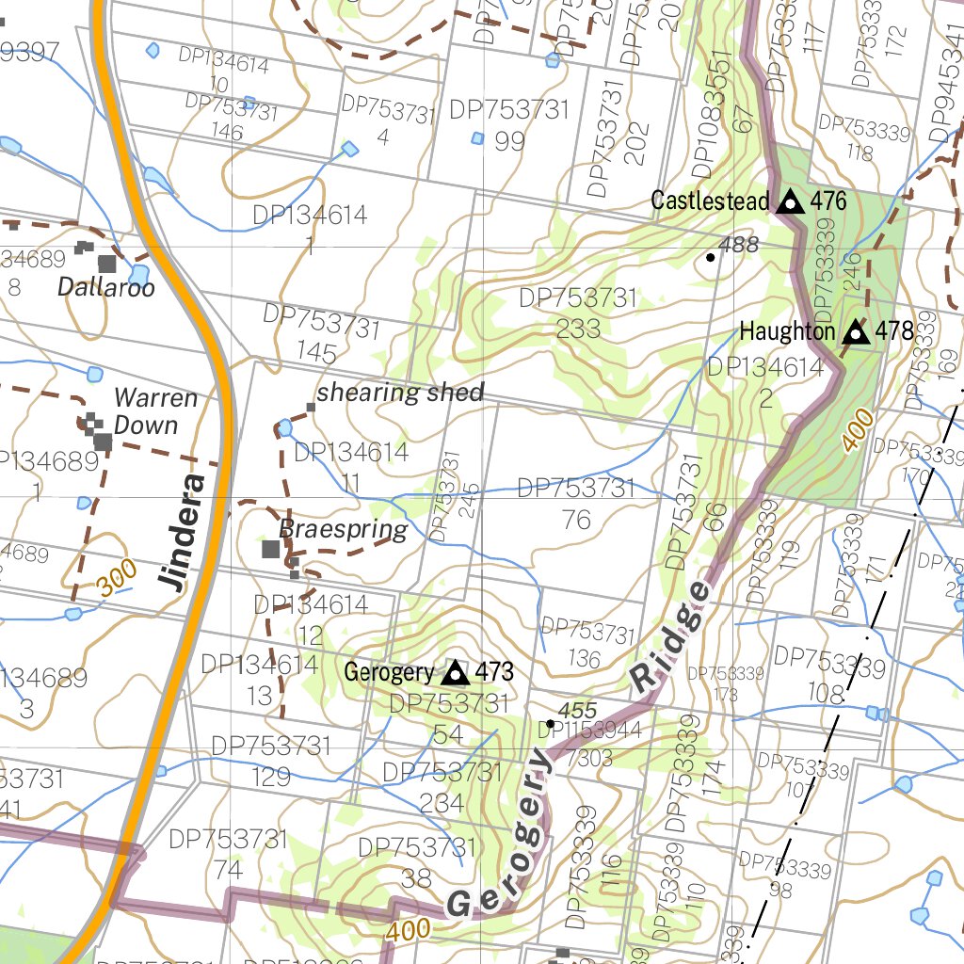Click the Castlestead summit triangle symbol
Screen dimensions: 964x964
coord(790,201)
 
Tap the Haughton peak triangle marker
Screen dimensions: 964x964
coord(855,331)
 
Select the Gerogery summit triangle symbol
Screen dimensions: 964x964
coord(456,672)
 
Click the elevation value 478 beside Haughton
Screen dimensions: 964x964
coord(894,331)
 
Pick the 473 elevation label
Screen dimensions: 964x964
coord(494,672)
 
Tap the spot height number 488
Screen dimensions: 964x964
coord(738,245)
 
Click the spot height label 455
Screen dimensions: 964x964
coord(577,710)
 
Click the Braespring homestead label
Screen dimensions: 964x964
coord(343,530)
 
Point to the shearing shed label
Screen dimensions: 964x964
coord(400,393)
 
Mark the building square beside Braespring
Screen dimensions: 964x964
coord(271,549)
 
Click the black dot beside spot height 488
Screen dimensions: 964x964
coord(710,256)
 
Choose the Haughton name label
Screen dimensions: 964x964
coord(787,331)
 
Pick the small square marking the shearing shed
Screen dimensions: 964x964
coord(310,407)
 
